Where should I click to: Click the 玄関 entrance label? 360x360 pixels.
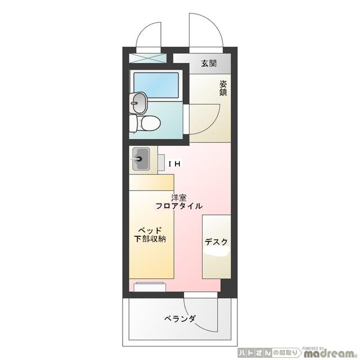[209, 63]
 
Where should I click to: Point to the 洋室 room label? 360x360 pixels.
[179, 197]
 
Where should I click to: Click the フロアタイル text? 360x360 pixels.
[179, 206]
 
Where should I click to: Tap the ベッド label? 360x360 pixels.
[150, 230]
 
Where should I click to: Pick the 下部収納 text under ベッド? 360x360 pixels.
[150, 238]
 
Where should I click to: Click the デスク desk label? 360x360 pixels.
[216, 242]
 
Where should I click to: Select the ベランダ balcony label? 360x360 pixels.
[180, 319]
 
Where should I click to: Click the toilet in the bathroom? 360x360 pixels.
[148, 123]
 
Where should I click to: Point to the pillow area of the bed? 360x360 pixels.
[152, 182]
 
